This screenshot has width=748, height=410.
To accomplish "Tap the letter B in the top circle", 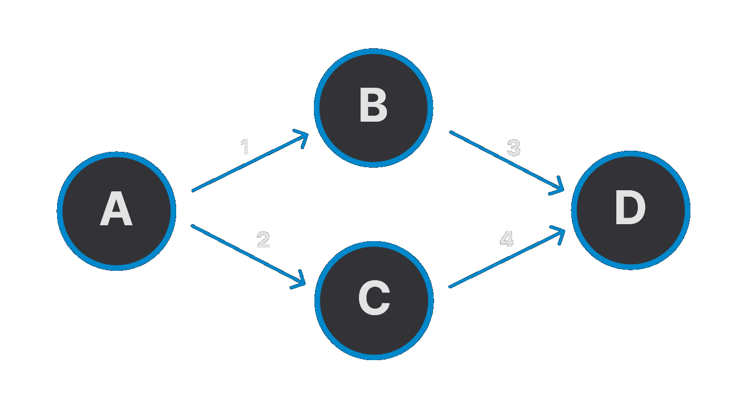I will [373, 107].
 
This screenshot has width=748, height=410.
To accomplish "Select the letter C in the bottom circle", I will [374, 300].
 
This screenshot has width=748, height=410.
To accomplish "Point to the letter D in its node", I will [631, 210].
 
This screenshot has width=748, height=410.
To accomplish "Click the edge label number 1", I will [245, 147].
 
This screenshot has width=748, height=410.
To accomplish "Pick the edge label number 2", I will [263, 240].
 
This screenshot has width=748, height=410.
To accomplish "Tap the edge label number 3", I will [514, 148].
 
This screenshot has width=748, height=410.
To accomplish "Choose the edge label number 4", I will [507, 239].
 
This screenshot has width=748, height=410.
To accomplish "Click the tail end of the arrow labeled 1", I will [193, 190].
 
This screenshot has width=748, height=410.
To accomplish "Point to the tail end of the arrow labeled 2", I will [192, 225].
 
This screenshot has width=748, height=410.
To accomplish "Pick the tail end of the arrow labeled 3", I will [451, 132].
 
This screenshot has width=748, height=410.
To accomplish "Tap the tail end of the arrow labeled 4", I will [450, 287].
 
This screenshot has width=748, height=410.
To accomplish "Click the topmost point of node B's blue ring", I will [373, 51].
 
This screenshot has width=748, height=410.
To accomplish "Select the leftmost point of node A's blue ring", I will [59, 211].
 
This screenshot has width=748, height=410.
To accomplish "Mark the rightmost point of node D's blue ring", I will [688, 210].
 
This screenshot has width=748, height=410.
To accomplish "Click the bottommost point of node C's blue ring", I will [374, 357].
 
